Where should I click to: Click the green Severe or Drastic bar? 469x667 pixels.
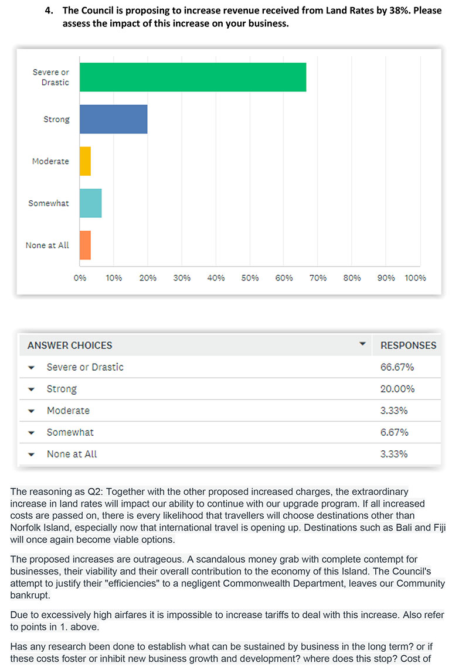192,77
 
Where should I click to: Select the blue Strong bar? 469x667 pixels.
113,119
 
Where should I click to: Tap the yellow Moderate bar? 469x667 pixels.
85,161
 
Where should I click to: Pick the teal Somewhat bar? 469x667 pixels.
90,203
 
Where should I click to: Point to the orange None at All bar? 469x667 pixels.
85,245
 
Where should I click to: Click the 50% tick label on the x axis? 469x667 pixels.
250,278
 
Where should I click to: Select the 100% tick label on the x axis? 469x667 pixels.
415,278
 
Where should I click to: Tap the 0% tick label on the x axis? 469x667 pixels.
80,278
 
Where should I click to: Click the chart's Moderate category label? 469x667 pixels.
50,161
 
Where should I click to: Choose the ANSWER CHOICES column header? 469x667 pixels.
70,346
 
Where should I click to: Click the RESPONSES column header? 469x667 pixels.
409,346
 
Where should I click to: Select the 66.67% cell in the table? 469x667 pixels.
397,367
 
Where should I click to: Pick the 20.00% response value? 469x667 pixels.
397,389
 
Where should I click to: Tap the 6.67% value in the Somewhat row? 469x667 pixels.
395,432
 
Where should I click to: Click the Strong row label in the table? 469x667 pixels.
62,389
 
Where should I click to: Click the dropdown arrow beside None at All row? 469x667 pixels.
31,454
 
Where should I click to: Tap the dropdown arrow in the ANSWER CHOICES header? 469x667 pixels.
362,343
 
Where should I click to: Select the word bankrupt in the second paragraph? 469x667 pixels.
30,595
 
